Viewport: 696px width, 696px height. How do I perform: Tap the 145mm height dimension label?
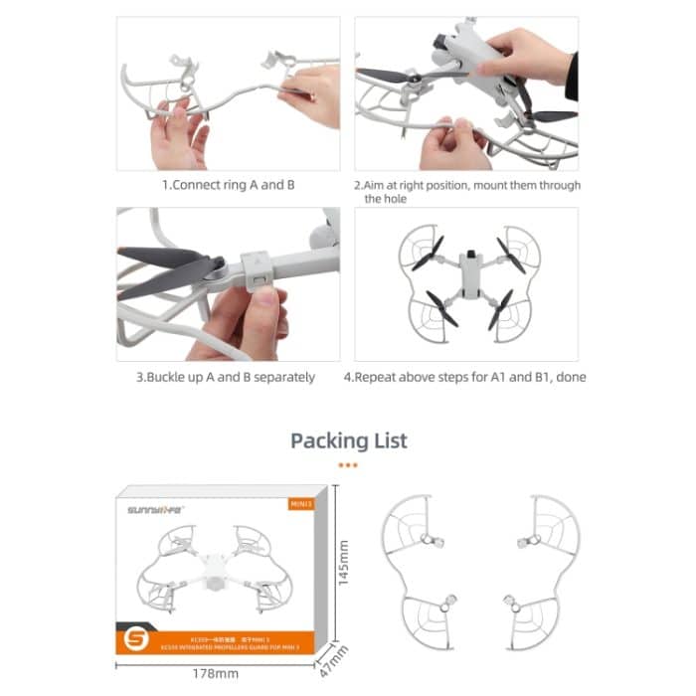(x=343, y=563)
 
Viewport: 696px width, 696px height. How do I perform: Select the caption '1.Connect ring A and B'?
(x=228, y=185)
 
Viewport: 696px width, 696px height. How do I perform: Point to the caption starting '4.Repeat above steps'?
(x=466, y=377)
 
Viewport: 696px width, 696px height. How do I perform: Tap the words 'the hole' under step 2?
(x=386, y=199)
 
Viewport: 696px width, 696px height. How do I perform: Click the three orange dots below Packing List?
(x=348, y=464)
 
